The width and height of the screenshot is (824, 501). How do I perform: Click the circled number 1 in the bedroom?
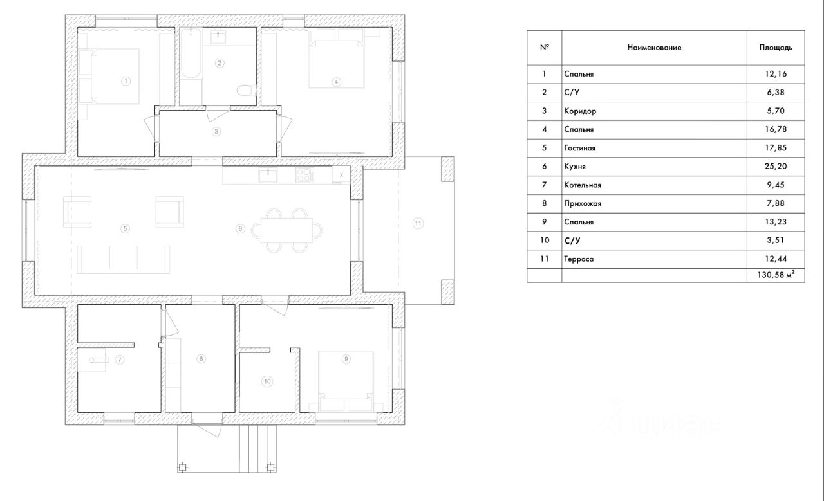click(126, 81)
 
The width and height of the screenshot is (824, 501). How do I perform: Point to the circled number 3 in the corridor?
click(217, 131)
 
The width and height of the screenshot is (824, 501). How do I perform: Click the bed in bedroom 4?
click(336, 64)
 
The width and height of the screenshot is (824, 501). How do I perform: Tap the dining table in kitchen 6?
click(286, 229)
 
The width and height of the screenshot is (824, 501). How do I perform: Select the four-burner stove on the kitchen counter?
click(303, 174)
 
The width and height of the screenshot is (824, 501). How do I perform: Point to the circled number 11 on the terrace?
click(418, 223)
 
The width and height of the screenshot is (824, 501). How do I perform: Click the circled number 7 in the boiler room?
click(120, 360)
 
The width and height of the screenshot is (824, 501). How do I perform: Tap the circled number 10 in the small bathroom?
click(267, 381)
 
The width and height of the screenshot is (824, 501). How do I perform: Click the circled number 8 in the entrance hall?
click(201, 359)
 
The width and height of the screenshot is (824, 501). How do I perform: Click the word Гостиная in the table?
click(579, 148)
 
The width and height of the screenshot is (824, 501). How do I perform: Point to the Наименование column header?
click(654, 48)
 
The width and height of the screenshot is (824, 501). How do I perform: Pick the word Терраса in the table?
click(579, 259)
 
